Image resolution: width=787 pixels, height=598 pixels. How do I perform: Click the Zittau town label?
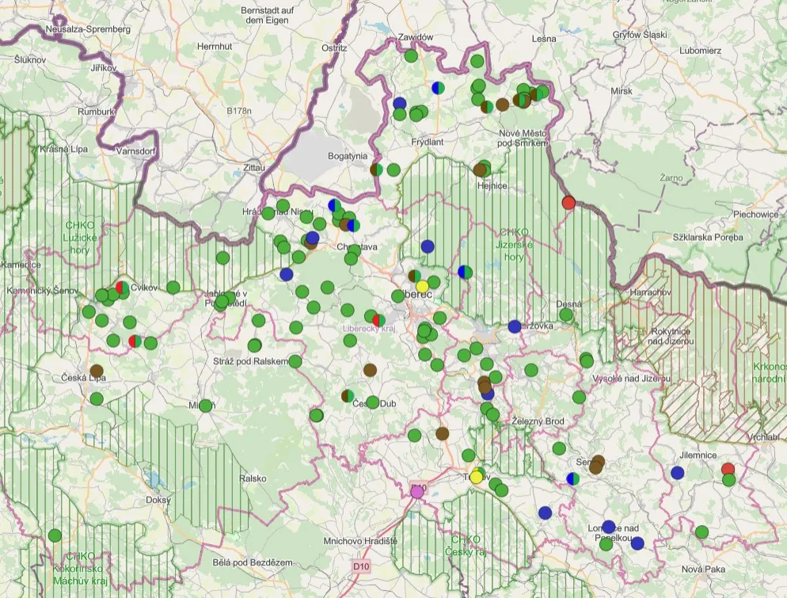(232, 168)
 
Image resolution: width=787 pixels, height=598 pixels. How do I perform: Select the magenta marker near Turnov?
(418, 491)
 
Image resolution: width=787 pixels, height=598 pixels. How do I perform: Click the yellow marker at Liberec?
(422, 285)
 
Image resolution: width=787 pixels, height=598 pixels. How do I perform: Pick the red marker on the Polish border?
(568, 202)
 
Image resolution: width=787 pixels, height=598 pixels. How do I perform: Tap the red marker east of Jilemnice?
(728, 469)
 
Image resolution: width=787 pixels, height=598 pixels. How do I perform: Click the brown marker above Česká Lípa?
(97, 370)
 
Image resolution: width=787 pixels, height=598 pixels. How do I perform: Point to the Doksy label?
(159, 501)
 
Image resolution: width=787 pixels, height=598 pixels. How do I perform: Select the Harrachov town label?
(650, 292)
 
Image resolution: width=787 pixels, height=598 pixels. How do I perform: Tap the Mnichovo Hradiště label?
(360, 540)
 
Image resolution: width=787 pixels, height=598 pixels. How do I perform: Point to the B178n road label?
(238, 111)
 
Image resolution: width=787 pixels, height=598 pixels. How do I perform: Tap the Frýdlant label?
(427, 142)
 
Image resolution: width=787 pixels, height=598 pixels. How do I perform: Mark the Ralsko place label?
(253, 478)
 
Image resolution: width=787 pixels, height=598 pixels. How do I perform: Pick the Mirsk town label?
(622, 91)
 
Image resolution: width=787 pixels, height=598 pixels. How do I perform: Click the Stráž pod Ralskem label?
(249, 361)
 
